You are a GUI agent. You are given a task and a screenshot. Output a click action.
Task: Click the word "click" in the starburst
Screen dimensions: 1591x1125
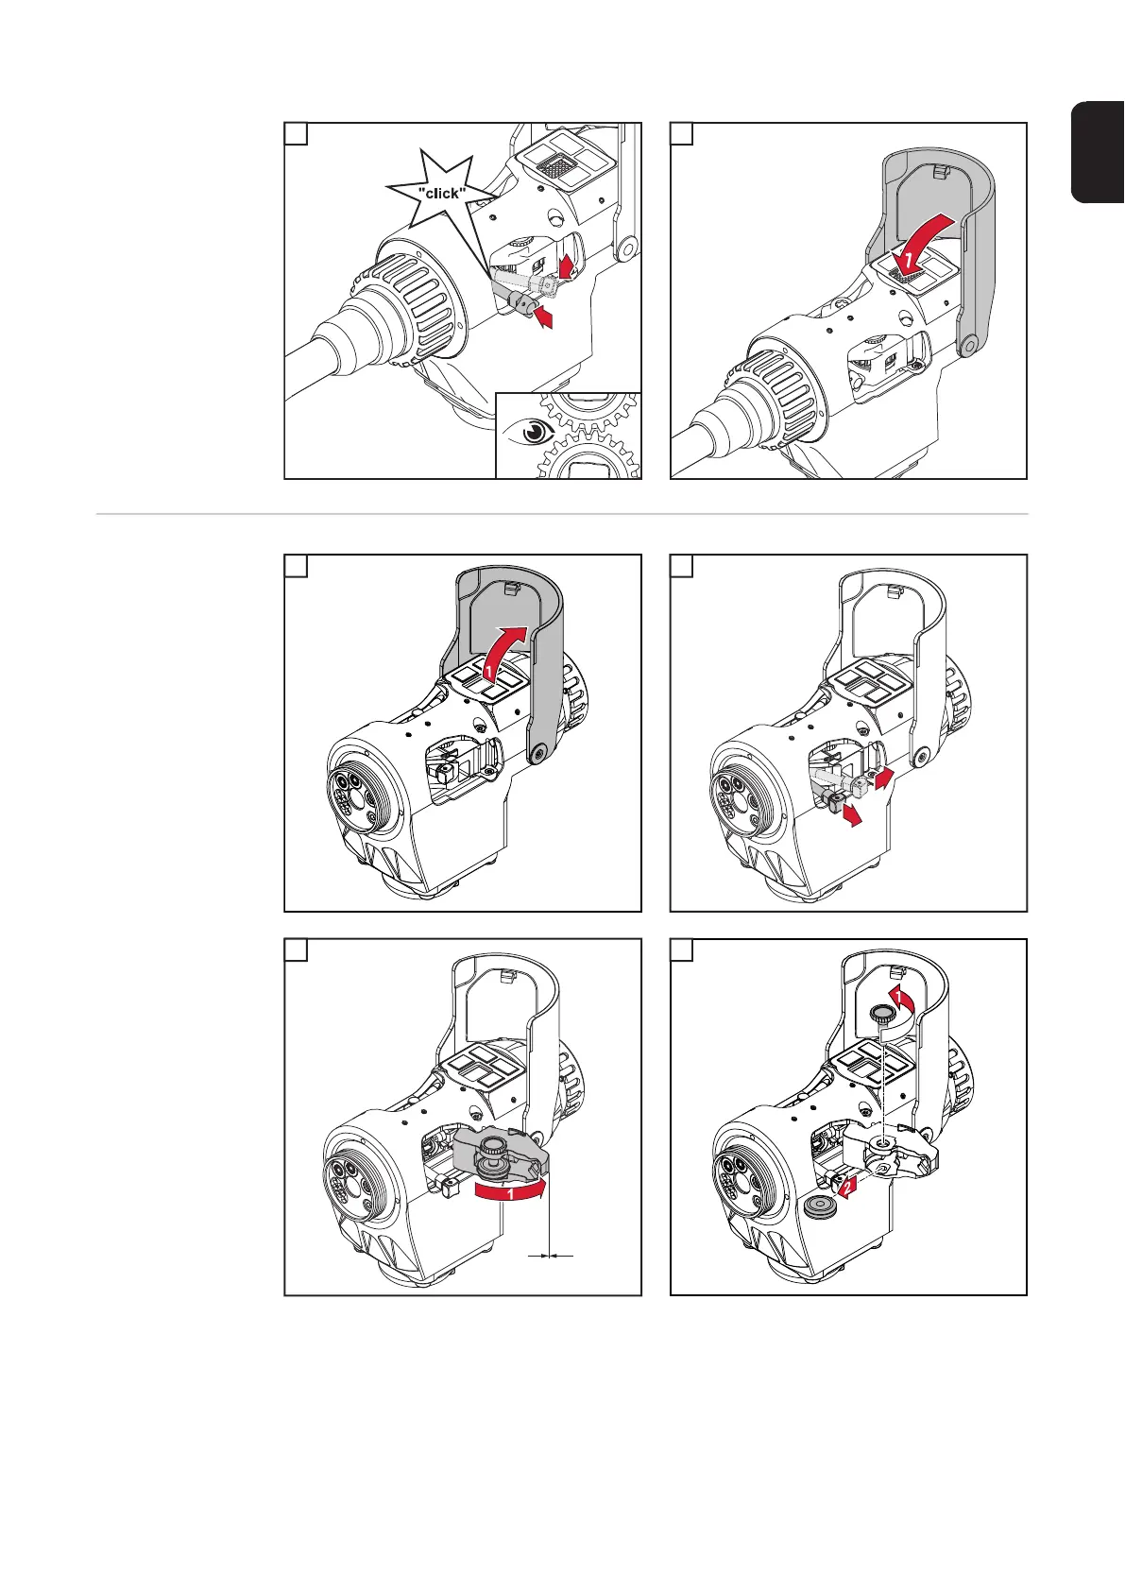442,194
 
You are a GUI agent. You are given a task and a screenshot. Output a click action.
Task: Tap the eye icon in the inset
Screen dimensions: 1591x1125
534,432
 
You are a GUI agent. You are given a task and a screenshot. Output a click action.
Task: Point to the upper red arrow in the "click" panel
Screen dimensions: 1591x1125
567,265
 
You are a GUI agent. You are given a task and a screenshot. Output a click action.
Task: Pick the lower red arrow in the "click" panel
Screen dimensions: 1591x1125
543,319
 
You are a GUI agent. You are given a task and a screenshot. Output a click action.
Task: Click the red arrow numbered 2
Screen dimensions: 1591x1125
846,1187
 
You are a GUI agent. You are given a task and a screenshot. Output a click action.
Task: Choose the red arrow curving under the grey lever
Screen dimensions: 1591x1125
510,1194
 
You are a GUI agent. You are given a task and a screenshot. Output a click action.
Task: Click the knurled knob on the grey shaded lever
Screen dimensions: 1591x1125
494,1151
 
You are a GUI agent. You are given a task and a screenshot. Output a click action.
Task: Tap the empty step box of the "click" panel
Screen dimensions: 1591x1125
297,134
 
